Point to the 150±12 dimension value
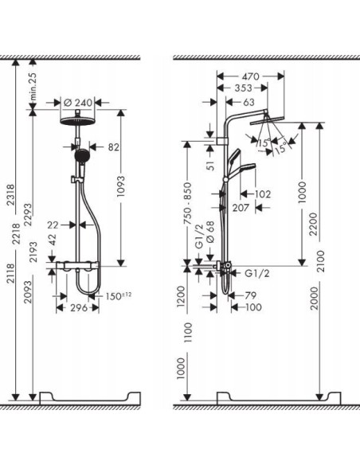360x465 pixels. point(119,298)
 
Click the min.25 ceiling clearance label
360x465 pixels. point(33,84)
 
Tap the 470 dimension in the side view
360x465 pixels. point(251,69)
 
